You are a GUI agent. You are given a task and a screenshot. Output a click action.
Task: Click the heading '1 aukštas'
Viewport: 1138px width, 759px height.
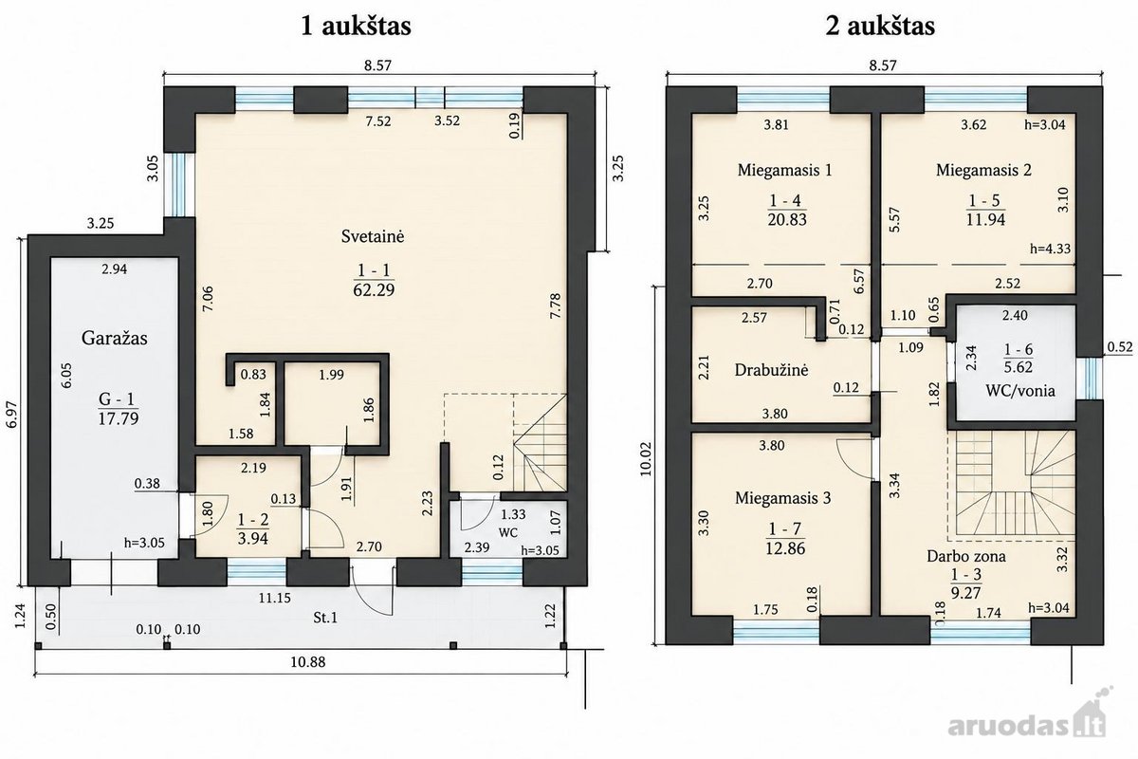(x=356, y=26)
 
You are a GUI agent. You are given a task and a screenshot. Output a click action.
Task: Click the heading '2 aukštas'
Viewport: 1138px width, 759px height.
(x=880, y=26)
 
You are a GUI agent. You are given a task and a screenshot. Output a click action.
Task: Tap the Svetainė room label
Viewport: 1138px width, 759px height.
(x=373, y=236)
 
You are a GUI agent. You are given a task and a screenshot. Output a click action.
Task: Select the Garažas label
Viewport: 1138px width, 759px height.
(x=115, y=338)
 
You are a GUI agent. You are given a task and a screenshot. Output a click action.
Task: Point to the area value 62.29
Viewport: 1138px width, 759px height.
(x=374, y=289)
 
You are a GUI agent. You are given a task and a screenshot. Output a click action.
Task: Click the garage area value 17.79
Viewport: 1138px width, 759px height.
(x=119, y=418)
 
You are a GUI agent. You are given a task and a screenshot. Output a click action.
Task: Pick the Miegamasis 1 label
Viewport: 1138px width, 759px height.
(x=785, y=170)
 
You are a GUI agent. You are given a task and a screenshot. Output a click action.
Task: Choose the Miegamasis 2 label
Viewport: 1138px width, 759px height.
(x=983, y=170)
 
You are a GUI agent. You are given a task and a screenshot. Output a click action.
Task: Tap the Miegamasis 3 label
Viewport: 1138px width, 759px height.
(x=783, y=498)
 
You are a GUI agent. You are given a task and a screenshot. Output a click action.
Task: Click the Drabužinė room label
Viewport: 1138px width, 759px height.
(x=771, y=370)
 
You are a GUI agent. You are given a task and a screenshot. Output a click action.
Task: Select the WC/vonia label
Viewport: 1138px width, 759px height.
(x=1020, y=391)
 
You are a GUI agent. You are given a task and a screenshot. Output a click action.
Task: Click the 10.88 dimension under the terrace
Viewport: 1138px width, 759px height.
(x=308, y=662)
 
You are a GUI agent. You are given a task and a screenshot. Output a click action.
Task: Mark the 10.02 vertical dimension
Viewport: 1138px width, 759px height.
(x=646, y=460)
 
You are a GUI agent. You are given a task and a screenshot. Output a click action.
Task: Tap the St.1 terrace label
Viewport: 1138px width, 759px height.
(x=325, y=618)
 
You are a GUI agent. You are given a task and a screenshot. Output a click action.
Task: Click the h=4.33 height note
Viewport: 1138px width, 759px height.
(x=1050, y=249)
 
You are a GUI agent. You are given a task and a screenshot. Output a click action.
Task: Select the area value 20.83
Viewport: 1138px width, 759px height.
(x=787, y=219)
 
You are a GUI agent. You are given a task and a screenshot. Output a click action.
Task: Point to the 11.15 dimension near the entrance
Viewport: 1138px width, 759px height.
(x=275, y=598)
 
